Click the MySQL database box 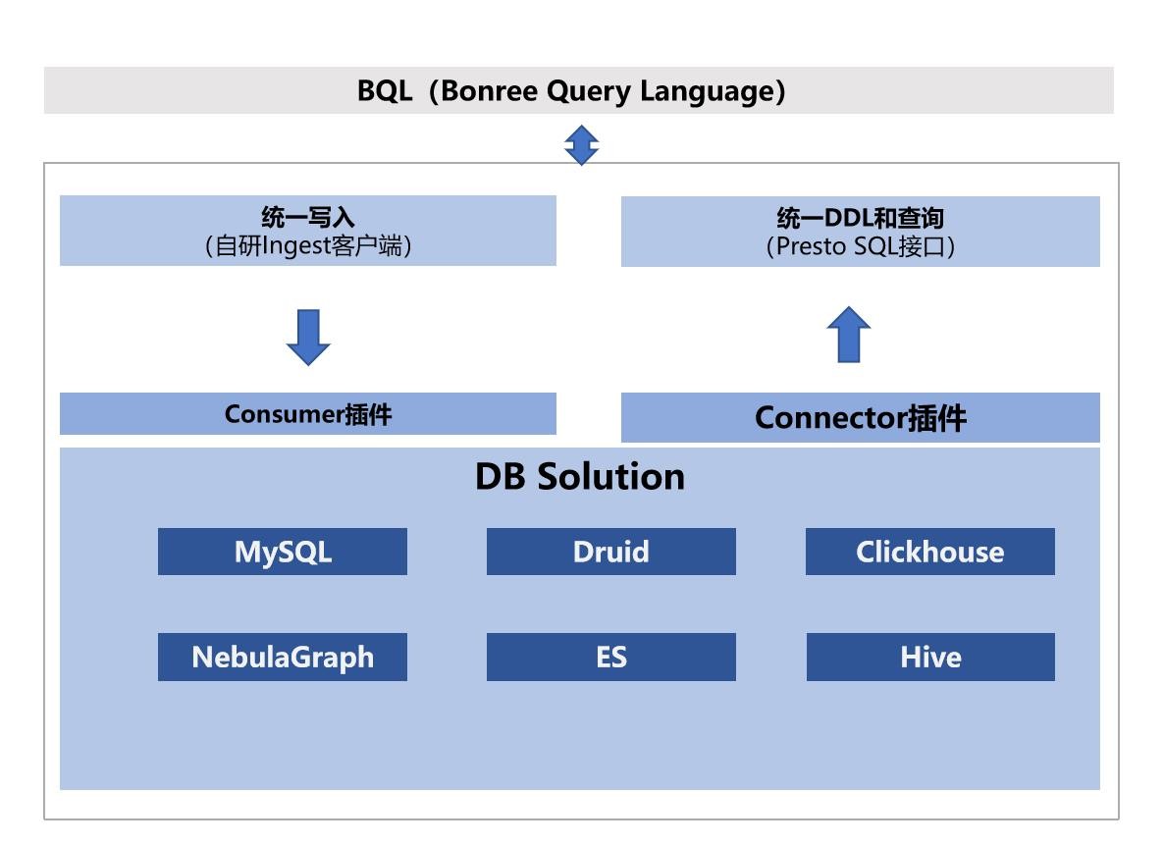(x=282, y=552)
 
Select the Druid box (x=610, y=552)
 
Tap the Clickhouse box (x=930, y=552)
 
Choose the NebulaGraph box (x=282, y=658)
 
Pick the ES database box (x=610, y=658)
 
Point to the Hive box (x=930, y=658)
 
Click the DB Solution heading (x=580, y=477)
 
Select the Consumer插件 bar (x=308, y=413)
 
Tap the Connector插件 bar (x=861, y=417)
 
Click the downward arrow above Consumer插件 (x=308, y=338)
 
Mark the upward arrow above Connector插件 (x=849, y=334)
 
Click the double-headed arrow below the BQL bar (x=582, y=145)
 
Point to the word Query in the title (x=589, y=92)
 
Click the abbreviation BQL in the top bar (x=385, y=91)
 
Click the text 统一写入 (x=308, y=218)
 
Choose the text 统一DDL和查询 (x=861, y=218)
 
